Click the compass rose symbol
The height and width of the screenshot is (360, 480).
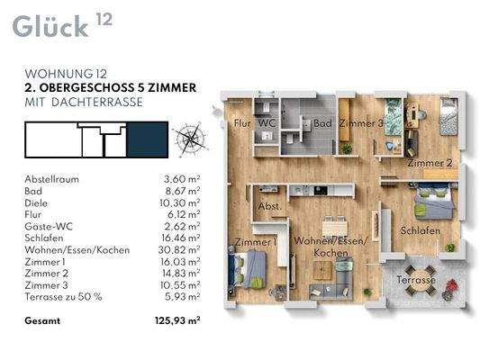tap(190, 139)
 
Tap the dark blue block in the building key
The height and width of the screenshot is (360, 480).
tap(148, 139)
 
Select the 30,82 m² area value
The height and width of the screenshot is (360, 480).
tap(179, 250)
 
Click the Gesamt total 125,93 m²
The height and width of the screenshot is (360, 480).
tap(177, 320)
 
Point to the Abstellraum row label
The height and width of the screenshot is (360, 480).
tap(51, 179)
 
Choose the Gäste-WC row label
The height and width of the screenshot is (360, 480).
tap(49, 226)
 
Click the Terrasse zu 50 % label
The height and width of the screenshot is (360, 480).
tap(63, 297)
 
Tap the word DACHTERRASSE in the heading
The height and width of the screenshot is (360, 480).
tap(97, 103)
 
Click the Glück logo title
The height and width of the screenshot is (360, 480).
tap(50, 27)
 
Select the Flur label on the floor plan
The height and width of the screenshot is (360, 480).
tap(242, 123)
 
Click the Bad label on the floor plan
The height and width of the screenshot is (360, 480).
tap(322, 123)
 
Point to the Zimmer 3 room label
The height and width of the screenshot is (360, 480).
tap(361, 123)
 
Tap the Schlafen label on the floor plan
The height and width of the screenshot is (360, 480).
tap(421, 230)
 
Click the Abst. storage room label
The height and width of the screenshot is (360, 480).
tap(269, 206)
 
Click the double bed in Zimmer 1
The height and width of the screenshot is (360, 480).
tap(248, 269)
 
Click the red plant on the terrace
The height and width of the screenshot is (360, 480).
tap(452, 285)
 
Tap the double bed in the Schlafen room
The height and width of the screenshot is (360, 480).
tap(434, 201)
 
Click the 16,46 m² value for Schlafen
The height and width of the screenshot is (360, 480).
tap(181, 238)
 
